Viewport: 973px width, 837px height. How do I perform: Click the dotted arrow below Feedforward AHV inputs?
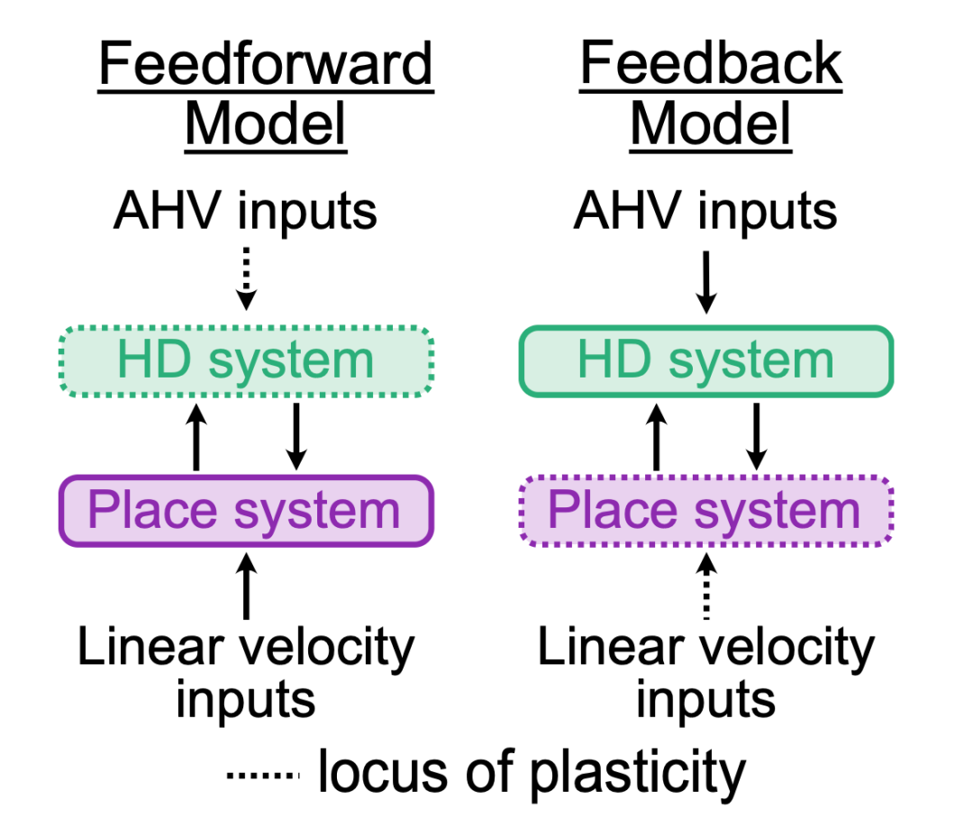[246, 278]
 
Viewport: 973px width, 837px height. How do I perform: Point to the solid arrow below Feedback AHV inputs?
[706, 282]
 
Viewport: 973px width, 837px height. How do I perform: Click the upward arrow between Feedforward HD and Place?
[196, 437]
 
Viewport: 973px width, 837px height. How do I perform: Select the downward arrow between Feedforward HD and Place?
[296, 437]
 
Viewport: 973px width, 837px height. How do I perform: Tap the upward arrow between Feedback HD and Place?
[657, 437]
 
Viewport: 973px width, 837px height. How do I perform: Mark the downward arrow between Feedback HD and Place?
[757, 437]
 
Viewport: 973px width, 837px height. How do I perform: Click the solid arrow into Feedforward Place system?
[246, 587]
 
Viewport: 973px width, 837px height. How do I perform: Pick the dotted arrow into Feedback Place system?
[706, 587]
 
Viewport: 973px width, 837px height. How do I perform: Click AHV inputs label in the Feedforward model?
[246, 213]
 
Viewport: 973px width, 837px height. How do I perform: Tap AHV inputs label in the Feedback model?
[705, 213]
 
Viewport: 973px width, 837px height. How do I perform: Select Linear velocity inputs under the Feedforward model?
[246, 674]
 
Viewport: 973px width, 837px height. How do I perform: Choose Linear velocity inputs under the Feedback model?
[706, 674]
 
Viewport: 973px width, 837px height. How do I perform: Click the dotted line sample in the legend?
[263, 775]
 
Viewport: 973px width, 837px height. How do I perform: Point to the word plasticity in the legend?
[638, 774]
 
